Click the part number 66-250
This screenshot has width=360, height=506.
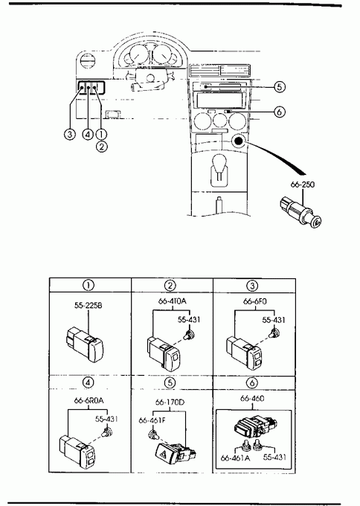point(302,185)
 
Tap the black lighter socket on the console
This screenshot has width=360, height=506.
point(238,141)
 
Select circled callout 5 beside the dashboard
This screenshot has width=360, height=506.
point(280,86)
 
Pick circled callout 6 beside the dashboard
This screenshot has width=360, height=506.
point(280,112)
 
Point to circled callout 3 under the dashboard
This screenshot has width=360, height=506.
point(70,134)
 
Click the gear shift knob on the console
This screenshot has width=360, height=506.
point(219,161)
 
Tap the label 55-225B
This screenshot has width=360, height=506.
point(88,305)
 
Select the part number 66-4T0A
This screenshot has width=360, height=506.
point(173,301)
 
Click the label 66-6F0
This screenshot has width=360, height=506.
point(255,301)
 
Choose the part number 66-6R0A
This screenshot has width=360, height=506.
point(89,400)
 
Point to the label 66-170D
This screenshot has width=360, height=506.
point(170,403)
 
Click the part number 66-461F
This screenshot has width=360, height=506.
point(152,420)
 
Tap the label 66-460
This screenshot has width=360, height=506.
point(252,399)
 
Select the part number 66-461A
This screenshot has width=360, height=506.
point(235,458)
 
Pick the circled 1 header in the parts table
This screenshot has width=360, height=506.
point(89,285)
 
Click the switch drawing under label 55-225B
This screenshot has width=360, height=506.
point(85,343)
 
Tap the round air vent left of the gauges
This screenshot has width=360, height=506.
point(88,61)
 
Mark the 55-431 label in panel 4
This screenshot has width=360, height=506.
point(106,419)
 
